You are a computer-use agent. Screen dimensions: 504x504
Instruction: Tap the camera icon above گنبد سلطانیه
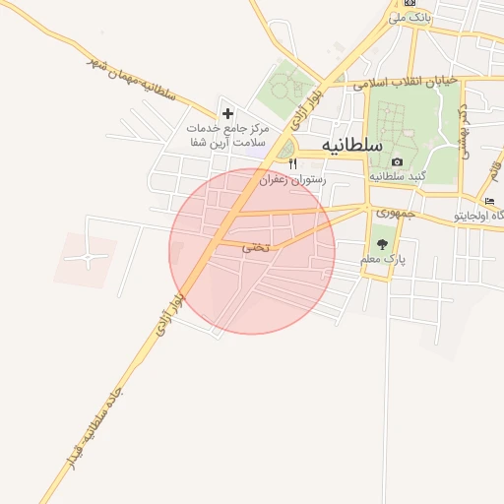pos(397,162)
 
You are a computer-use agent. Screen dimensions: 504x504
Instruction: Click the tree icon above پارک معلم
pos(382,243)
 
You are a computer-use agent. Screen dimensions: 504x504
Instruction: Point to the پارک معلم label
pos(383,259)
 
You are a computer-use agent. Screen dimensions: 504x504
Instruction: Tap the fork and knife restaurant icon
pos(292,164)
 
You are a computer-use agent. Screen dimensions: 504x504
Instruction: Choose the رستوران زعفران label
pos(292,180)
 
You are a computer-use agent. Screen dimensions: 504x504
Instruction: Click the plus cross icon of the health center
pos(228,114)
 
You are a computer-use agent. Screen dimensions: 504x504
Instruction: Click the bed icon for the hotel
pos(489,201)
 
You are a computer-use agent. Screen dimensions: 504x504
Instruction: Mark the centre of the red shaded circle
pos(252,251)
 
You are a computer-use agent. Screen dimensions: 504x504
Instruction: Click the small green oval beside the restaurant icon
pos(284,150)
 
